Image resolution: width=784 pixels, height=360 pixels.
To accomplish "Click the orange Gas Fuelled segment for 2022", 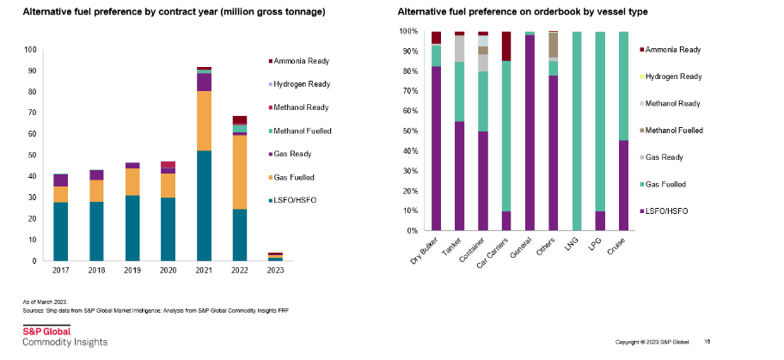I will (x=240, y=172).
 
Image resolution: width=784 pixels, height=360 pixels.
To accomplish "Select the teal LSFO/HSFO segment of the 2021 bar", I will (x=205, y=206).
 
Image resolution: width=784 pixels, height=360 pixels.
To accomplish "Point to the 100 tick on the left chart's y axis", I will (x=34, y=50).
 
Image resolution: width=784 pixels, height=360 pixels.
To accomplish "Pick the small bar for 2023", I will (x=275, y=257).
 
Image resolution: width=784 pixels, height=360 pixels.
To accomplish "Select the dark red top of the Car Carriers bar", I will (x=506, y=46).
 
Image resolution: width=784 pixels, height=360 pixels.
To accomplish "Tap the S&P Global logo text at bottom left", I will (x=46, y=331).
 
